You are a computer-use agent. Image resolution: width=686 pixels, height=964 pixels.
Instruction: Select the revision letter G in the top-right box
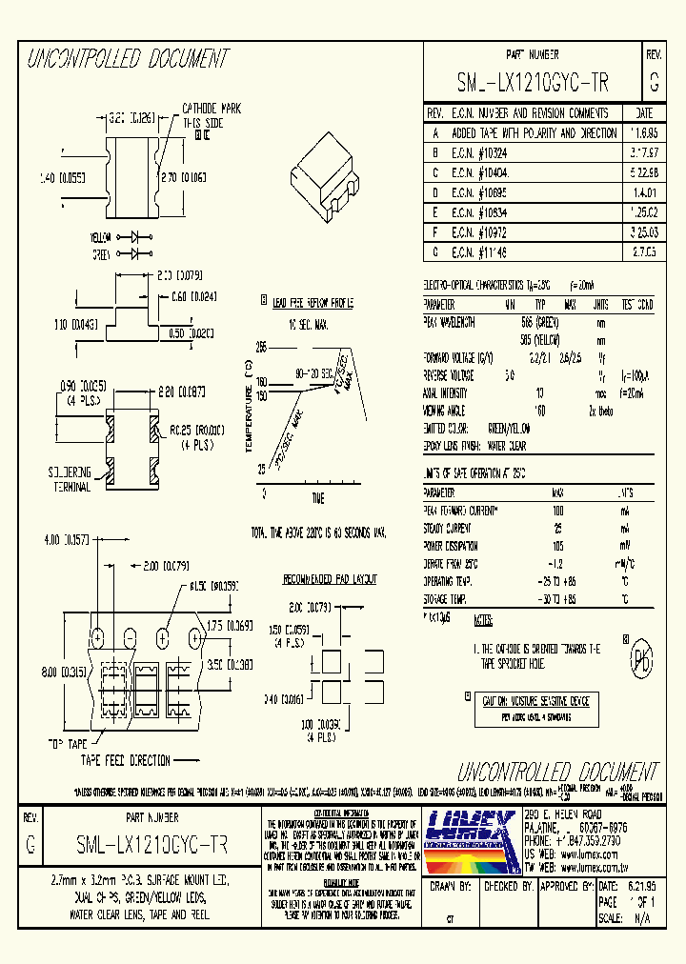pyautogui.click(x=654, y=84)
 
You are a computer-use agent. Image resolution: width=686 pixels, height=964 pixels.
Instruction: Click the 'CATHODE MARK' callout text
pyautogui.click(x=212, y=110)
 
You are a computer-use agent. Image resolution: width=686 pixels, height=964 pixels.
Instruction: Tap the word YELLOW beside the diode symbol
pyautogui.click(x=102, y=236)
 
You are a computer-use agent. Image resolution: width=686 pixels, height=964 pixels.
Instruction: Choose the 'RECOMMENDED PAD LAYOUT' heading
pyautogui.click(x=330, y=579)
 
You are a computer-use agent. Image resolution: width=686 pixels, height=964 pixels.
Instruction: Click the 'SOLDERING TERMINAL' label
pyautogui.click(x=71, y=479)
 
